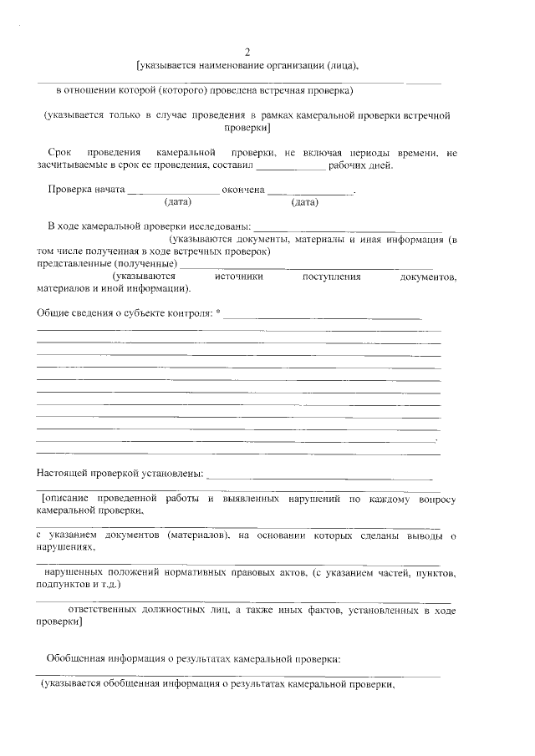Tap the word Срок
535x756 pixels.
coord(60,153)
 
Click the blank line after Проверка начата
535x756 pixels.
coord(172,190)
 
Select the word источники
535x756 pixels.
coord(239,277)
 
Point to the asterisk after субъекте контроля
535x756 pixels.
coord(218,312)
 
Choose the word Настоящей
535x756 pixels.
coord(64,474)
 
